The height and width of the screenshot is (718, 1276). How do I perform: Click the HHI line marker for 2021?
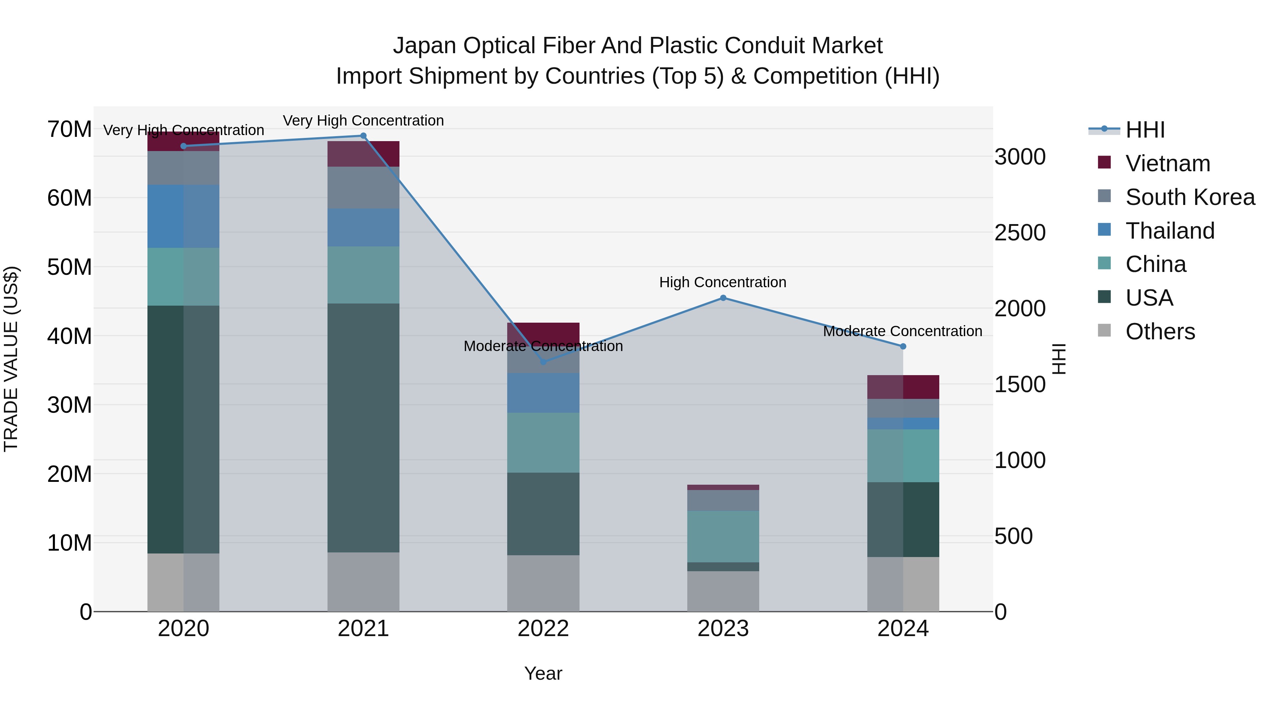point(363,136)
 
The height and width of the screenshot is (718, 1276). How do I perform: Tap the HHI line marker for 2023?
point(723,298)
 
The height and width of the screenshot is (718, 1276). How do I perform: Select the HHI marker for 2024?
point(902,346)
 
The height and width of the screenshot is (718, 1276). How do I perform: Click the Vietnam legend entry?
point(1168,163)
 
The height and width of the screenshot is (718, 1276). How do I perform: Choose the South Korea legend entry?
point(1190,197)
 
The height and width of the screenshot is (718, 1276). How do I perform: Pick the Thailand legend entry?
point(1170,231)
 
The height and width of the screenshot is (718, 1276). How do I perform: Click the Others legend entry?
point(1160,332)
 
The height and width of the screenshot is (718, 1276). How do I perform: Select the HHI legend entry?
point(1145,130)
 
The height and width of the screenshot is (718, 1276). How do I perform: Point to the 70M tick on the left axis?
point(69,129)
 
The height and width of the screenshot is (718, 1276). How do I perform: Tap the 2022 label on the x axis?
point(543,629)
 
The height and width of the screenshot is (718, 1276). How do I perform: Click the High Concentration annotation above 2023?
point(722,283)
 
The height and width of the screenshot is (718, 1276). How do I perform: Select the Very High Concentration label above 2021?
point(363,121)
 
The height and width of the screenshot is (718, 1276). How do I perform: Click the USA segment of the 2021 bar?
point(363,427)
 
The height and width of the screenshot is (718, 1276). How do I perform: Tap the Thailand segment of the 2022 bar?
point(543,393)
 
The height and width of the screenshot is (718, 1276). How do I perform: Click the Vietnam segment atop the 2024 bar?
point(902,387)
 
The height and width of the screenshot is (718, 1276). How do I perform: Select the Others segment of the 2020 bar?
point(183,582)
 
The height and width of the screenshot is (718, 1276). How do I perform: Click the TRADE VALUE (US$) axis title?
point(11,359)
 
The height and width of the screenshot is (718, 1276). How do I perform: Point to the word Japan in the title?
point(425,46)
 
